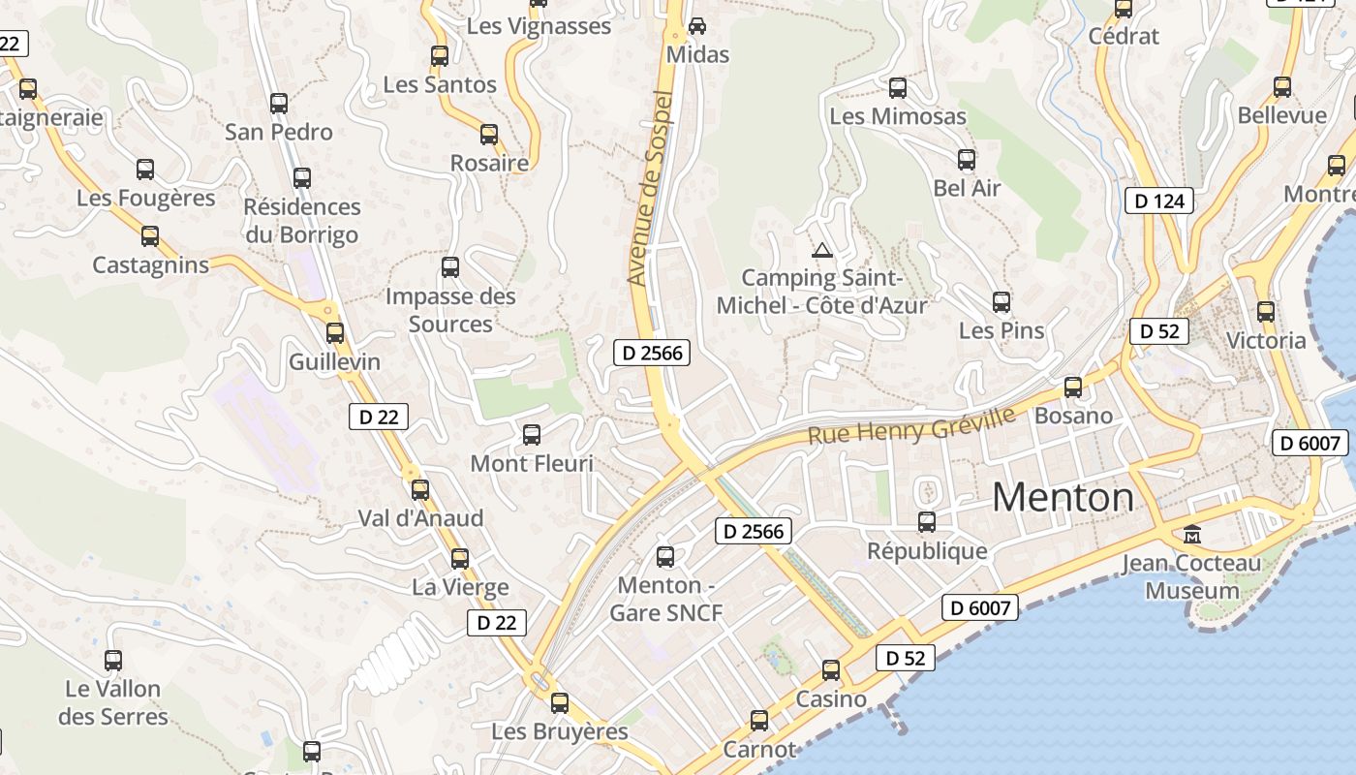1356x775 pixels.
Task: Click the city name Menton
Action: (1063, 497)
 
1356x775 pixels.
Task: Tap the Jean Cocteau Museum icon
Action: (1192, 534)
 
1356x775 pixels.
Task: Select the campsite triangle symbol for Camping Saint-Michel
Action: (822, 251)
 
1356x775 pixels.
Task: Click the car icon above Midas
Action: (696, 26)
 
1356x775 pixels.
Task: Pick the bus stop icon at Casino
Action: (831, 669)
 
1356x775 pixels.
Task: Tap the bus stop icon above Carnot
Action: (759, 720)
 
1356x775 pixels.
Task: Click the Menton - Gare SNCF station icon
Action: (665, 556)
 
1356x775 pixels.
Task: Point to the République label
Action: (927, 551)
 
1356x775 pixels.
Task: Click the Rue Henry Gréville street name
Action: (911, 426)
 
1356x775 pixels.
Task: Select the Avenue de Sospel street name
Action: (651, 188)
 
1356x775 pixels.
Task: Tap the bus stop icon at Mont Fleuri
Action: (532, 435)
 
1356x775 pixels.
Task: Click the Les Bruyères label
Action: (560, 731)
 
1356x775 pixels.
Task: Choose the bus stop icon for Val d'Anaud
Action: (420, 489)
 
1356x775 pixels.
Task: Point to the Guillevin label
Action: (335, 362)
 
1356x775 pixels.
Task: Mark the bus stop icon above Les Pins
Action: (1002, 302)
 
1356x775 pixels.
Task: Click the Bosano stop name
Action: (1073, 416)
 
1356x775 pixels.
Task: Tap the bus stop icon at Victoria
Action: (1266, 312)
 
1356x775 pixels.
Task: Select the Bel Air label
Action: (967, 188)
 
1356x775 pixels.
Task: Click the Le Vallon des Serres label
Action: (113, 703)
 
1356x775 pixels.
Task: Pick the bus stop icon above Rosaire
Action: (489, 135)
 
